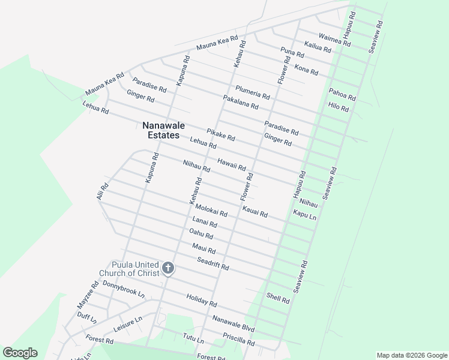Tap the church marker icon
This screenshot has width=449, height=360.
click(x=169, y=268)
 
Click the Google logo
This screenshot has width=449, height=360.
click(x=20, y=353)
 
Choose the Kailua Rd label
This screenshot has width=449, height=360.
click(x=318, y=47)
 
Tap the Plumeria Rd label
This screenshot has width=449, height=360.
click(x=252, y=92)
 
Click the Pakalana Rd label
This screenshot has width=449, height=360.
click(x=240, y=102)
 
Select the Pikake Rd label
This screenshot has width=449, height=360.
click(x=220, y=135)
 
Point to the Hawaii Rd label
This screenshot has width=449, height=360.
click(x=232, y=164)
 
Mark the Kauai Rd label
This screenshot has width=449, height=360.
click(x=255, y=211)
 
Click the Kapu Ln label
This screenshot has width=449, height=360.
click(x=304, y=214)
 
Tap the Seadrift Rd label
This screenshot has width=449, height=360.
click(x=213, y=263)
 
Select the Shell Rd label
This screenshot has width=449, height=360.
click(x=278, y=298)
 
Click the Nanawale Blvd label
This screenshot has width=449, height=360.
click(x=234, y=325)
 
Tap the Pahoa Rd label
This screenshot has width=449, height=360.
click(x=342, y=94)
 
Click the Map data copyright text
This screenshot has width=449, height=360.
click(x=412, y=355)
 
